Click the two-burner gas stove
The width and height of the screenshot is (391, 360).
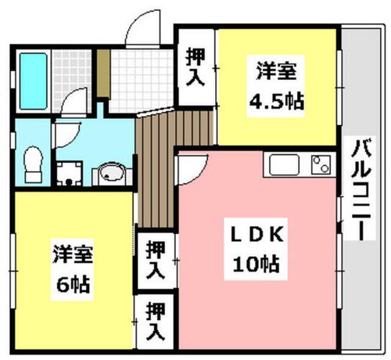pos(320,164)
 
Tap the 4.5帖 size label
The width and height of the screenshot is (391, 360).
pos(276,100)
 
